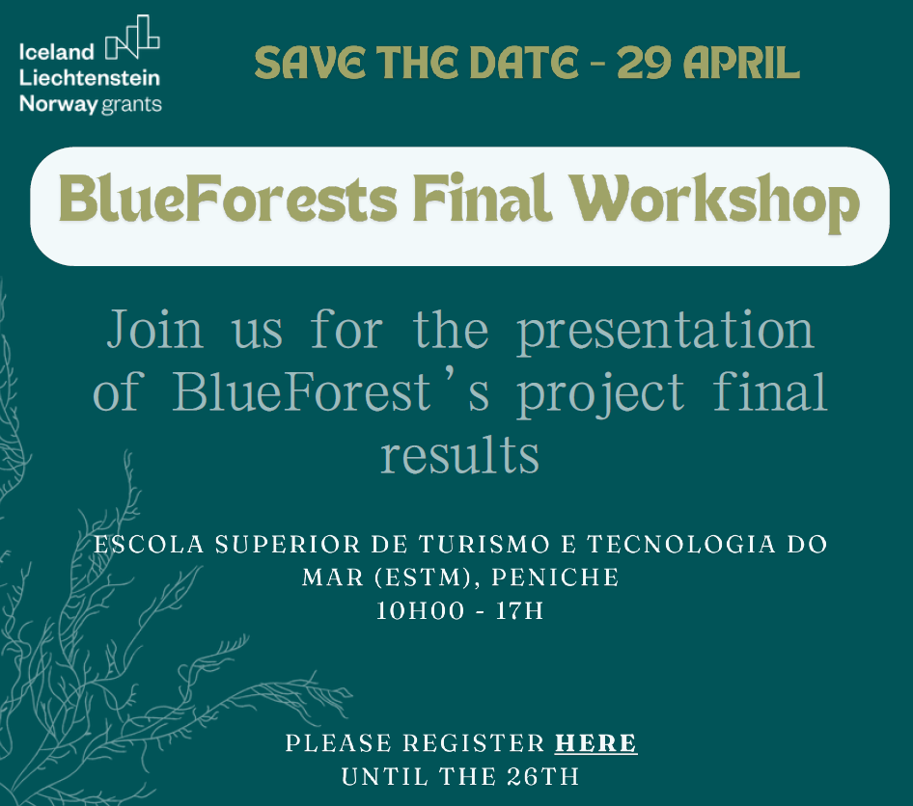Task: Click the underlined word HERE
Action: [x=595, y=743]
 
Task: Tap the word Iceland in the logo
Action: [x=57, y=53]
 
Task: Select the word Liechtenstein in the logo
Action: [x=90, y=78]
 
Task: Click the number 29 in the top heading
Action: [x=645, y=63]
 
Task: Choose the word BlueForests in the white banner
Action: [x=228, y=203]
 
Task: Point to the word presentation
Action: [x=666, y=330]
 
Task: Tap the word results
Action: [x=459, y=453]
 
